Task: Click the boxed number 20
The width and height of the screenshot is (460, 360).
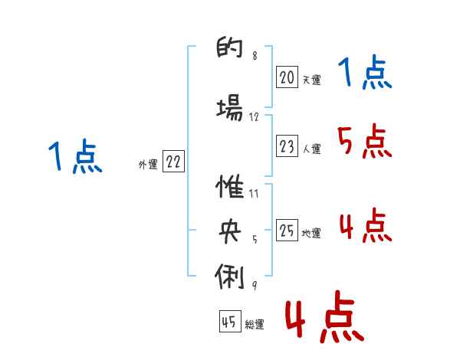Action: point(287,77)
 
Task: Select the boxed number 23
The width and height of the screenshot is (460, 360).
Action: point(287,146)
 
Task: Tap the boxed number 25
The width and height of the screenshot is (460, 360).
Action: point(287,231)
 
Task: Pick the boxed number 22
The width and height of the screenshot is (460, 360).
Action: point(173,162)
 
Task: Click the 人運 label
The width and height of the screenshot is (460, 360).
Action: point(311,149)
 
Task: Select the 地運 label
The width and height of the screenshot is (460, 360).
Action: point(311,234)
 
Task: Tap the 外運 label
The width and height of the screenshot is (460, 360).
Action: point(148,164)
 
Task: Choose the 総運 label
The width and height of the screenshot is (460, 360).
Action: point(254,325)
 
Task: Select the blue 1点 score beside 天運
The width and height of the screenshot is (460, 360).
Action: point(363,74)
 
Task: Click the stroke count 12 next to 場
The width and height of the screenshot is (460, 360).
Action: point(254,116)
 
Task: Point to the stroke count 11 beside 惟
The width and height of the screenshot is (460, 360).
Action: point(254,194)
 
